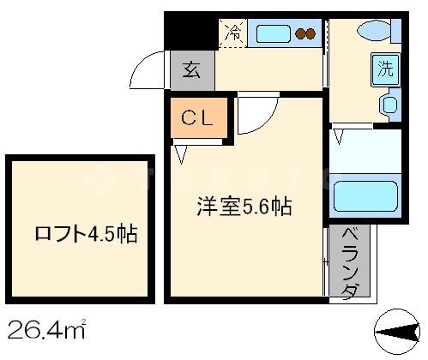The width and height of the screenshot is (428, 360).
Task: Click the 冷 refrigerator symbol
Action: click(x=232, y=34)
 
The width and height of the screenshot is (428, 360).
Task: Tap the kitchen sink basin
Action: click(x=274, y=34)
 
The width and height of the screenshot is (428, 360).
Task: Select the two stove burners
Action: click(x=306, y=34)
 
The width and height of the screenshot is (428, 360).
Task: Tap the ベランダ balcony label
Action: click(x=349, y=263)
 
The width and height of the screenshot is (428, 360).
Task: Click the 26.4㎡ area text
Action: click(x=46, y=328)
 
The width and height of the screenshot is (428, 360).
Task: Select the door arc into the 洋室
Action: click(x=256, y=116)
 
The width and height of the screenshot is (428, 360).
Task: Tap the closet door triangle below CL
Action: click(x=182, y=154)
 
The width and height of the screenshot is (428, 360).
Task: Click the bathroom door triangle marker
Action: click(x=341, y=135)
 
